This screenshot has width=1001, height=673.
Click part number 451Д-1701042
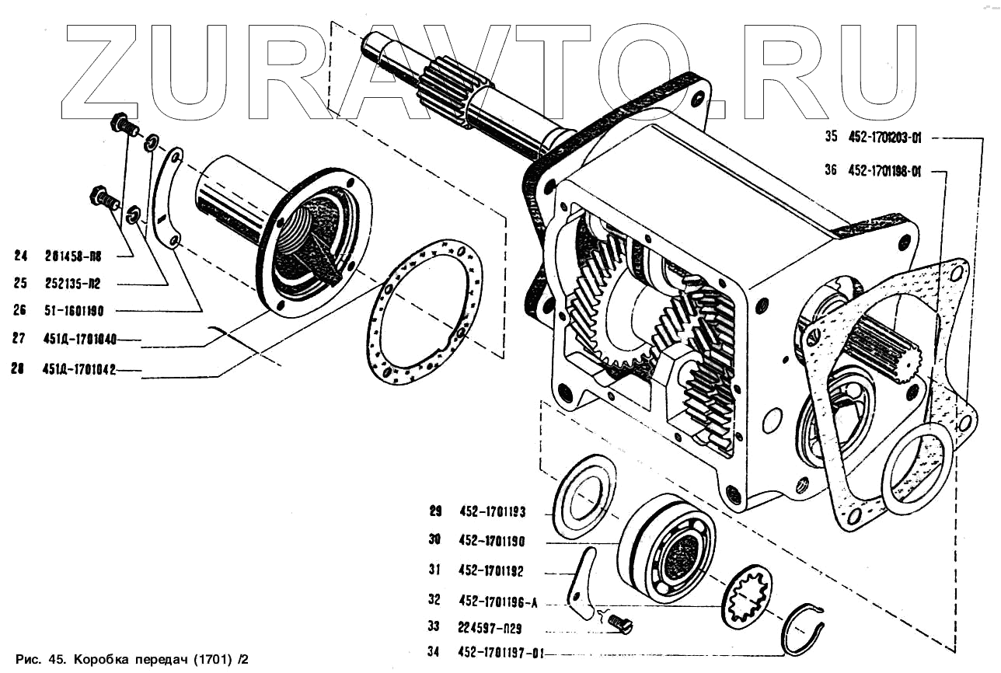point(79,371)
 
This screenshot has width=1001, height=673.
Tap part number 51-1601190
point(74,311)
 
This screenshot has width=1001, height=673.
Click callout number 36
point(831,171)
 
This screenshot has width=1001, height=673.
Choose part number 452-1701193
point(492,511)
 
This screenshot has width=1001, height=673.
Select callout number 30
point(434,539)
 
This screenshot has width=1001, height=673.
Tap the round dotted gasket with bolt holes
point(424,312)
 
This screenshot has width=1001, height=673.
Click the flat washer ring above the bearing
point(580,497)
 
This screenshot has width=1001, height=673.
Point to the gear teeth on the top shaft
point(455,90)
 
